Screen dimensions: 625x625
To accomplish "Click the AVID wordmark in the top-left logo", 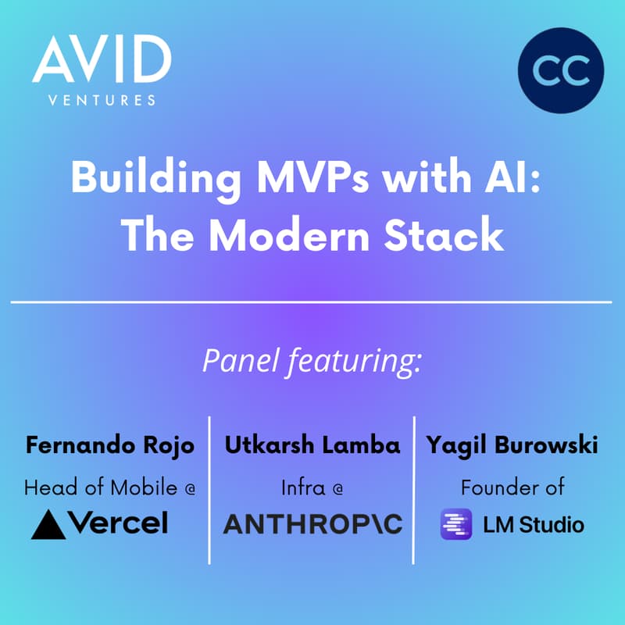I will coord(102,61).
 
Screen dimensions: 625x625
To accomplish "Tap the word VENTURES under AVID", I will coord(102,99).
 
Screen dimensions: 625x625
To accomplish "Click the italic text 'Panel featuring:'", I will coord(312,361).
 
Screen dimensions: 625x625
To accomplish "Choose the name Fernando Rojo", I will coord(110,445).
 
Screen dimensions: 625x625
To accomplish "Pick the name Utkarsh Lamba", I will coord(312,445).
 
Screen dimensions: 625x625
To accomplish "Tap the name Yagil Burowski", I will coord(512,445).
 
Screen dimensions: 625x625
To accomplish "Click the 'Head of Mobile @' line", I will coord(110,487).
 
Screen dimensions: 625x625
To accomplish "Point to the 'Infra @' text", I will coord(312,487).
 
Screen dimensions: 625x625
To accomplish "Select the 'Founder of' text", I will coord(512,487).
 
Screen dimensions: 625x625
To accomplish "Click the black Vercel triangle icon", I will coord(48,524).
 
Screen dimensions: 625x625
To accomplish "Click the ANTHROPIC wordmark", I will coord(312,524).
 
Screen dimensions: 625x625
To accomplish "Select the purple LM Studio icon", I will coord(455,524).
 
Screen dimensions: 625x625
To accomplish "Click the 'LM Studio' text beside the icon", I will coord(532,524).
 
